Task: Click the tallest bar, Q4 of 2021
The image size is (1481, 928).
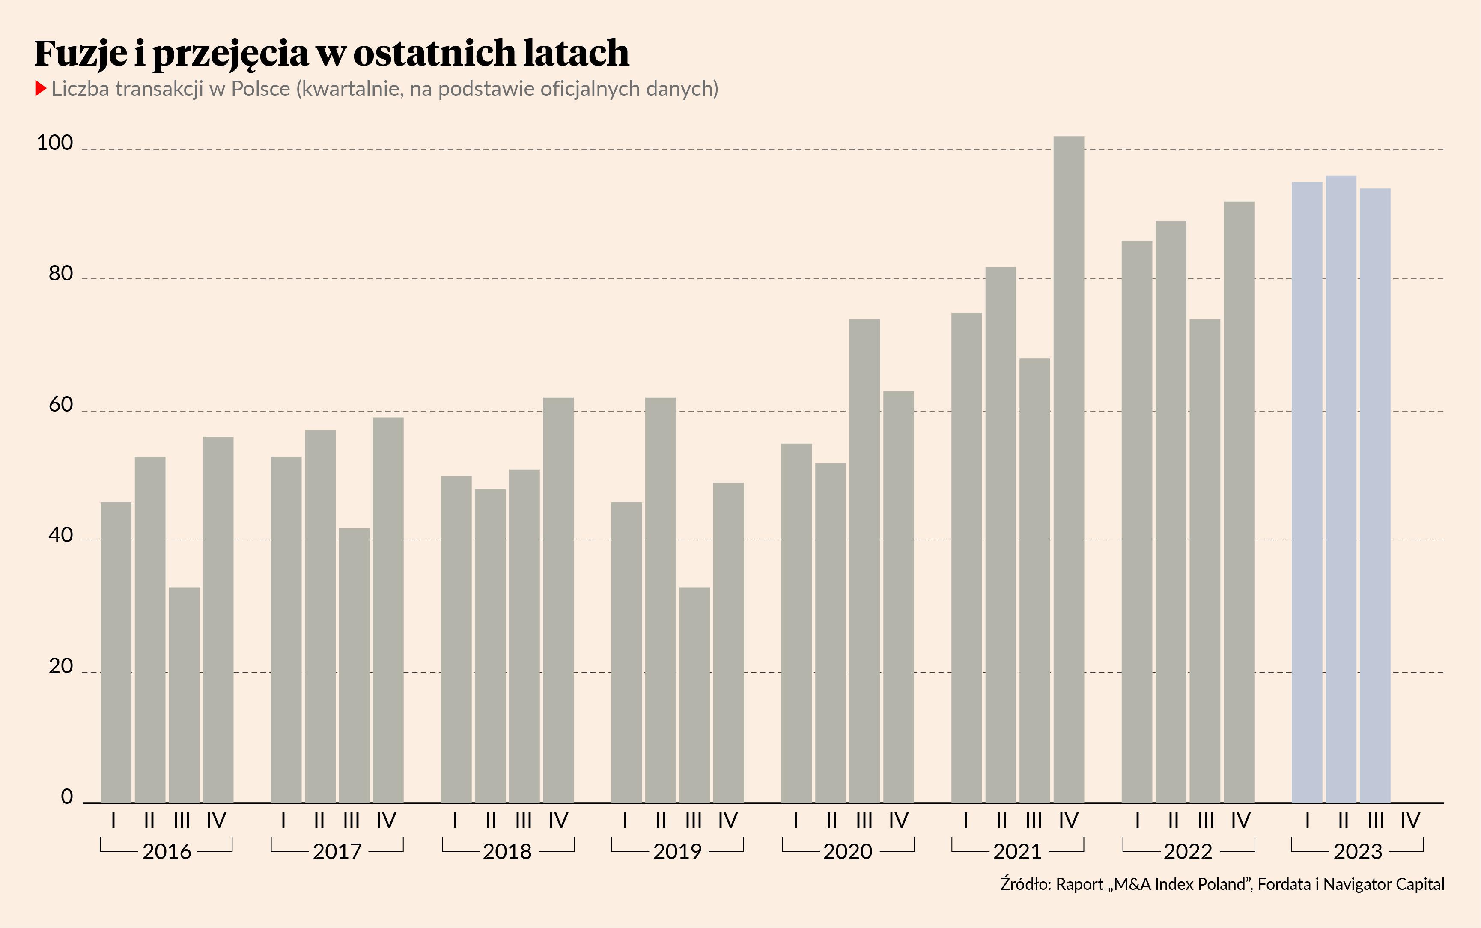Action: click(x=1069, y=469)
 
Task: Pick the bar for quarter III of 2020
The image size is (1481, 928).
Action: click(x=864, y=561)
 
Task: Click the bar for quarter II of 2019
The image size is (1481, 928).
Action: click(x=661, y=600)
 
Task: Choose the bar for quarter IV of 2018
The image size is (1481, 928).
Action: click(x=558, y=600)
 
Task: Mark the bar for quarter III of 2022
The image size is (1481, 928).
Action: click(x=1205, y=561)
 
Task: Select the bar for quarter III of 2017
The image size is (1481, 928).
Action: click(x=354, y=665)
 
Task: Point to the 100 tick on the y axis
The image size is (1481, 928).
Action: click(x=55, y=143)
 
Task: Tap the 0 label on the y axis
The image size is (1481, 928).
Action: click(x=67, y=797)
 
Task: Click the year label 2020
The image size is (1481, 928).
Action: click(x=847, y=852)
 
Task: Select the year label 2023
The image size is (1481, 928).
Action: click(x=1358, y=852)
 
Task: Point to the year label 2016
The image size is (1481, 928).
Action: click(x=167, y=852)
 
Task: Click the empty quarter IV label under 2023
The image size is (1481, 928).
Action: click(x=1410, y=821)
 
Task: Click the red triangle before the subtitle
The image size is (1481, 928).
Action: click(x=41, y=88)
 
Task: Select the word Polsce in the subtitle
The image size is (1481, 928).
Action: click(x=260, y=89)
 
